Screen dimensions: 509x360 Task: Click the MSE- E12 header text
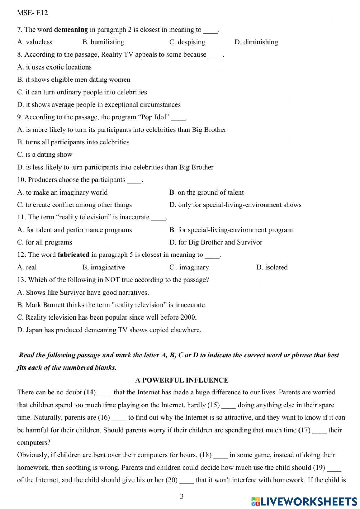[32, 13]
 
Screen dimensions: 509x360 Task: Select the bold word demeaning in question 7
[71, 30]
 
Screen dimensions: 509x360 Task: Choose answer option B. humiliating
[103, 42]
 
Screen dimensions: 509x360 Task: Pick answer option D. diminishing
[256, 42]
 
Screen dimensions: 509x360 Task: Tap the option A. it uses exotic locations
[54, 67]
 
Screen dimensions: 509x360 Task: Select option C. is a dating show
[45, 155]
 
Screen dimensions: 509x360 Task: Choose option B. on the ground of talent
[206, 192]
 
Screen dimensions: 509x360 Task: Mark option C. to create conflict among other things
[75, 205]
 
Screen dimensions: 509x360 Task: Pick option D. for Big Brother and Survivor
[216, 242]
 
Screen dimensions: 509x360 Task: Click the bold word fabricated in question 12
[73, 255]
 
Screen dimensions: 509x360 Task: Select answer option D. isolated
[272, 267]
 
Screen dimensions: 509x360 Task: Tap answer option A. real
[27, 267]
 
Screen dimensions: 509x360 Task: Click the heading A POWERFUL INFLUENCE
[182, 380]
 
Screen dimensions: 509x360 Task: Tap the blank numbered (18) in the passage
[220, 455]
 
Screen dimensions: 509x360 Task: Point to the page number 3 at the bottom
[181, 496]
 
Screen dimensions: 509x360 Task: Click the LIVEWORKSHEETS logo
[304, 501]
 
